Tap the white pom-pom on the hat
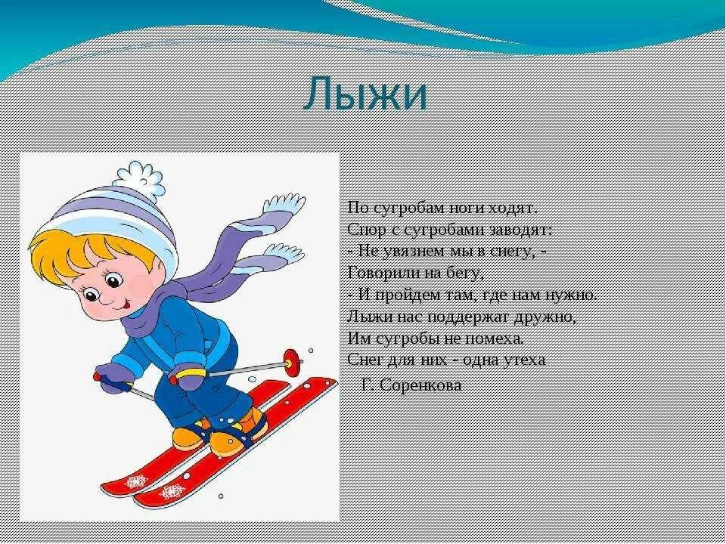point(138,180)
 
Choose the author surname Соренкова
point(420,385)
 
